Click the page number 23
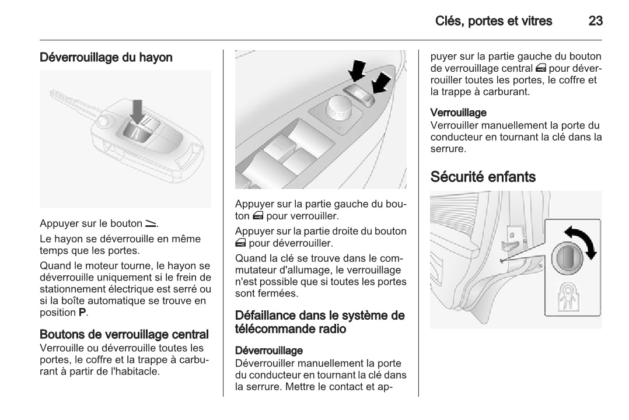pyautogui.click(x=595, y=22)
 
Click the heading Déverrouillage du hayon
pyautogui.click(x=106, y=58)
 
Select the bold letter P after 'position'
pyautogui.click(x=82, y=313)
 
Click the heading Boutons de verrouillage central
pyautogui.click(x=124, y=335)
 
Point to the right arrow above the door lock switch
pyautogui.click(x=380, y=82)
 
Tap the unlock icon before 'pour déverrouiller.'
pyautogui.click(x=240, y=243)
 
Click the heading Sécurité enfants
pyautogui.click(x=483, y=177)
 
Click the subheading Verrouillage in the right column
pyautogui.click(x=458, y=112)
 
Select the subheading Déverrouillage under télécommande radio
pyautogui.click(x=269, y=351)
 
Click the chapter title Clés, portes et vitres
pyautogui.click(x=494, y=22)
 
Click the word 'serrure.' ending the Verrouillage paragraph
pyautogui.click(x=448, y=149)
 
